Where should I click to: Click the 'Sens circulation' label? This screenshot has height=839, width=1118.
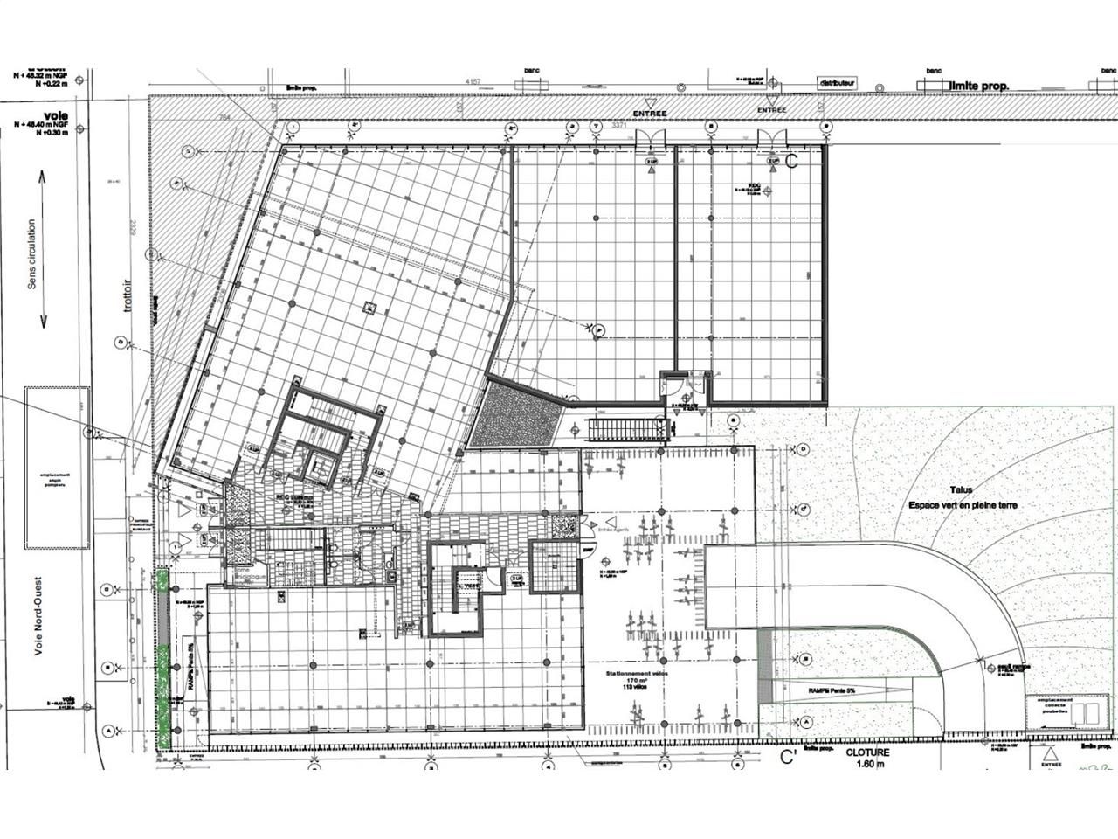coord(32,254)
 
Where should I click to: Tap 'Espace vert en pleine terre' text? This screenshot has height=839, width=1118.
coord(963,505)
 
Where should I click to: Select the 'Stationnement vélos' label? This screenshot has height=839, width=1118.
coord(639,675)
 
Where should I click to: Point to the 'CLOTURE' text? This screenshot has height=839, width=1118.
coord(867,752)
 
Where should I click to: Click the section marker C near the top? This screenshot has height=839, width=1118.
coord(792,160)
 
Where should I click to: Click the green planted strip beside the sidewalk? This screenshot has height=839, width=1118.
coord(162,655)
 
